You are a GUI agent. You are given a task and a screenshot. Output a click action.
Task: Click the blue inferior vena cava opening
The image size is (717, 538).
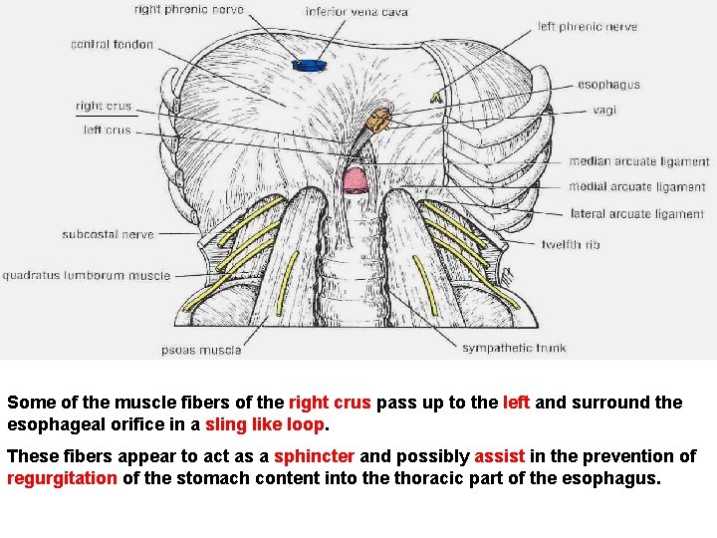[x=310, y=66]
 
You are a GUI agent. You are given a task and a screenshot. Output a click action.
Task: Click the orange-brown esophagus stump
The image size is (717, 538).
[x=379, y=123]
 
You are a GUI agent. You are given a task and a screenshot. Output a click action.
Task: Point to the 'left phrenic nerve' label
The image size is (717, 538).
[x=587, y=27]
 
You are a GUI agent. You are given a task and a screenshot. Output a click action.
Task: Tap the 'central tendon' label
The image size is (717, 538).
[x=112, y=45]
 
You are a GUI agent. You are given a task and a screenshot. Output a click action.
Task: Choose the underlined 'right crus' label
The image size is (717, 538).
[x=104, y=107]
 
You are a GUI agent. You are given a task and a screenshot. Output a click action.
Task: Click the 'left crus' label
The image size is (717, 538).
[x=107, y=131]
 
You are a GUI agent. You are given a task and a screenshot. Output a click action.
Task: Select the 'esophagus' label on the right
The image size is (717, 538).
[x=608, y=86]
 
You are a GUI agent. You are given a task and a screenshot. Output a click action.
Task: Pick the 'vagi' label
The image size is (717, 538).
[x=604, y=111]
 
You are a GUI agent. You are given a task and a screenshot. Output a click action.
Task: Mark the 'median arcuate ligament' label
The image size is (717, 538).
[x=638, y=161]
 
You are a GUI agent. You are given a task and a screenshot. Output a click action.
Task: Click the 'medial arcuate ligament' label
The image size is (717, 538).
[x=637, y=187]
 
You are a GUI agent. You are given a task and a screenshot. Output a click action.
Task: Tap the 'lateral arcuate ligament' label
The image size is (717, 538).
[x=637, y=214]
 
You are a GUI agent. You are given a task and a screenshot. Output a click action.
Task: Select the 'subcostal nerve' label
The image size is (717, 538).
[x=108, y=235]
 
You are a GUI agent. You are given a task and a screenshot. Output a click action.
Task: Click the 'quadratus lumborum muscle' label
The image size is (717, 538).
[x=86, y=276]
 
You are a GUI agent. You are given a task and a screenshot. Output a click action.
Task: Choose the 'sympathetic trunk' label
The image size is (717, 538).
[x=514, y=348]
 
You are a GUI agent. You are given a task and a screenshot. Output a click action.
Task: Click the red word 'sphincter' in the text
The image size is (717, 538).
[x=314, y=456]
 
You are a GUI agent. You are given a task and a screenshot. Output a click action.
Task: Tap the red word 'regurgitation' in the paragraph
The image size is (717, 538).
[x=62, y=478]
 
